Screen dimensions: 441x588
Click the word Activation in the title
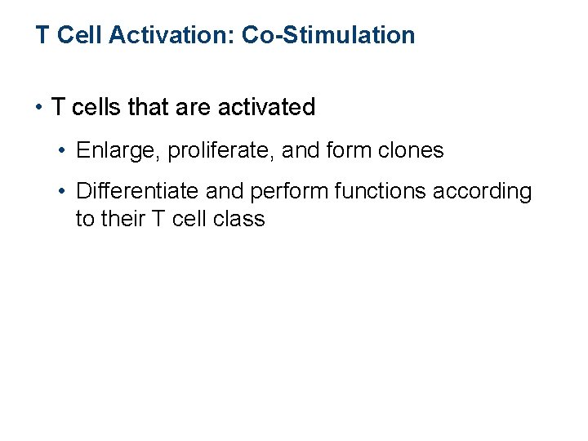pos(171,35)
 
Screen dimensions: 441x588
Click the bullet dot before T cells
pos(40,107)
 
